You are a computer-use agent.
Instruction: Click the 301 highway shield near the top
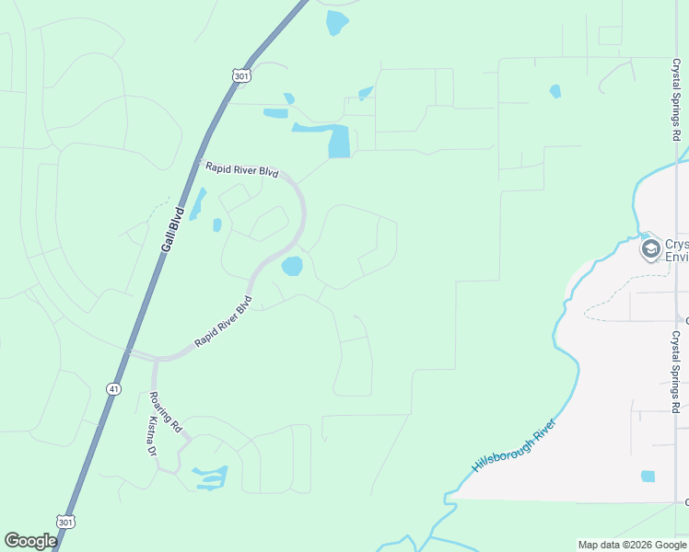tap(241, 76)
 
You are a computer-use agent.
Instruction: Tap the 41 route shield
tap(112, 389)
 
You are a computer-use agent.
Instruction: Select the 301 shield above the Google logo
tap(64, 520)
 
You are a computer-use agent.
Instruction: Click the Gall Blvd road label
tap(172, 230)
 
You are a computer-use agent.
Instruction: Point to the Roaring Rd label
tap(167, 413)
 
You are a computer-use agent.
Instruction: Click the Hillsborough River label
tap(514, 446)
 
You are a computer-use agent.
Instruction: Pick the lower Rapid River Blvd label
tap(223, 322)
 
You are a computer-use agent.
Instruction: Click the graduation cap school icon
tap(651, 248)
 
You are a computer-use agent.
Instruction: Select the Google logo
tap(31, 541)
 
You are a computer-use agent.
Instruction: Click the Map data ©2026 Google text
tap(631, 545)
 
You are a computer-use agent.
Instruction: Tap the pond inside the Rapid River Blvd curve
tap(292, 267)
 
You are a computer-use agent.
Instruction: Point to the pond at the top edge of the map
tap(337, 21)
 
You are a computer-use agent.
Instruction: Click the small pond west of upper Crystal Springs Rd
tap(555, 91)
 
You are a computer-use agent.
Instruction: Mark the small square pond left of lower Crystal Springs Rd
tap(648, 476)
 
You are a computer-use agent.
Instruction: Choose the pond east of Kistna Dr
tap(211, 477)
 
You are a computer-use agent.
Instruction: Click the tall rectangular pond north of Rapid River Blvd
tap(339, 141)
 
